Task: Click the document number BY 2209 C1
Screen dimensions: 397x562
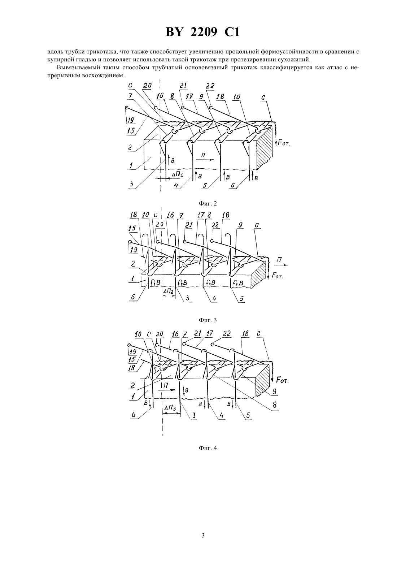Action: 202,33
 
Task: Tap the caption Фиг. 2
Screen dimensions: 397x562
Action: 208,203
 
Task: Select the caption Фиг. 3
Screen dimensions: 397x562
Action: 208,320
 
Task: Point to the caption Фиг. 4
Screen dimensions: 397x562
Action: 208,448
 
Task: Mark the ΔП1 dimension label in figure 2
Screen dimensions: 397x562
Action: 178,174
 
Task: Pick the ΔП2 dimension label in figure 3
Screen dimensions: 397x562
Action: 169,291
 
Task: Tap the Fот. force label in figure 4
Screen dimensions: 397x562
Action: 282,381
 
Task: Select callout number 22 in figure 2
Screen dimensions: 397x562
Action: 210,86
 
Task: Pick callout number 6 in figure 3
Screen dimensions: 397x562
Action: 133,297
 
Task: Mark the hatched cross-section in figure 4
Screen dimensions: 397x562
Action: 262,380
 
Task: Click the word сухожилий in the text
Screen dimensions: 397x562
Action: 296,60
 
